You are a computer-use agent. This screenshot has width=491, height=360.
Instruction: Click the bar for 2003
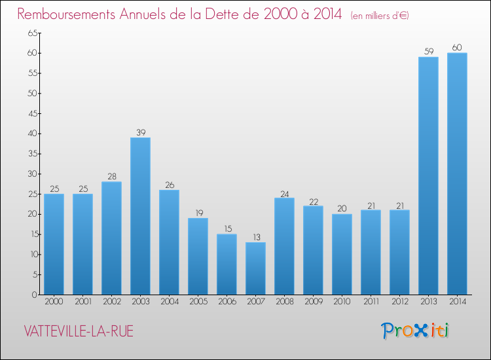point(140,216)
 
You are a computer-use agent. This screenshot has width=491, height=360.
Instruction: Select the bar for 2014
point(457,173)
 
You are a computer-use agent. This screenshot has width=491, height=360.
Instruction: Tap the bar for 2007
point(255,268)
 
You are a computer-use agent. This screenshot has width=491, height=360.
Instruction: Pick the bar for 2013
point(428,175)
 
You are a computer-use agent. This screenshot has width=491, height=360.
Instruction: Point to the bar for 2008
point(284,246)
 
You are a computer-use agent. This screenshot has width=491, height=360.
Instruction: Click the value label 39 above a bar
point(140,133)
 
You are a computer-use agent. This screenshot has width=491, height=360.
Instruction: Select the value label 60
point(457,48)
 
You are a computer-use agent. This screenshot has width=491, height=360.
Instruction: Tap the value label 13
point(255,238)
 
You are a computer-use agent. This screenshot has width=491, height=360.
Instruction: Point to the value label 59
point(428,52)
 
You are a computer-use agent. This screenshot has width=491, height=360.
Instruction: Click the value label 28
point(111,177)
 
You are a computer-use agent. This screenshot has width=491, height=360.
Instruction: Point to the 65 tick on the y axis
point(31,33)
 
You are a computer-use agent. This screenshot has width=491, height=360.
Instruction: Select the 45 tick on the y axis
point(31,113)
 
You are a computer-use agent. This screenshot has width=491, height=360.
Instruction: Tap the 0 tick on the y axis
point(33,295)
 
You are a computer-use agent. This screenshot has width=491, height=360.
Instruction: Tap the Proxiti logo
point(416,331)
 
